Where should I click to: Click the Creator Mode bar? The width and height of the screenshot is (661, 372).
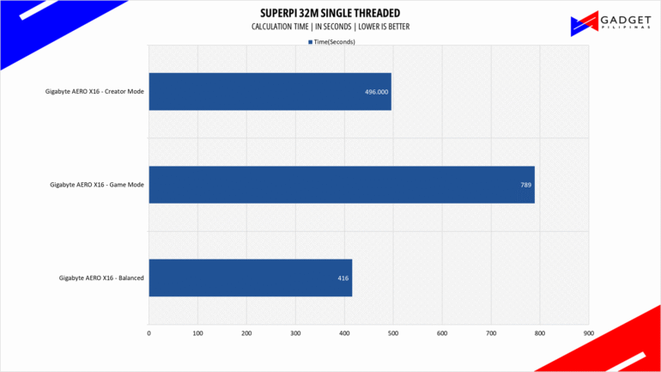[270, 92]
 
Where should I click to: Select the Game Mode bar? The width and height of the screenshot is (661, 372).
[342, 185]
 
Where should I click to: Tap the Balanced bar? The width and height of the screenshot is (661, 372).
[250, 277]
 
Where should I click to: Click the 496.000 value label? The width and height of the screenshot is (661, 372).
[376, 92]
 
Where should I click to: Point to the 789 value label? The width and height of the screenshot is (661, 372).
[525, 185]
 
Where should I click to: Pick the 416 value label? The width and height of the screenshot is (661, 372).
[343, 277]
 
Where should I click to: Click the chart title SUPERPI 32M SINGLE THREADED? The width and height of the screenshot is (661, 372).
[330, 14]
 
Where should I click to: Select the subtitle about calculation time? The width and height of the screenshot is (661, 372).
[330, 27]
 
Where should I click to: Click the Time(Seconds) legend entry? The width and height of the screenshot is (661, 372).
[331, 41]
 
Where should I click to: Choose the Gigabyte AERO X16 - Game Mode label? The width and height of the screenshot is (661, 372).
[98, 185]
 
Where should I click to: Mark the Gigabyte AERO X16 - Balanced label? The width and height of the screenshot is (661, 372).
[101, 277]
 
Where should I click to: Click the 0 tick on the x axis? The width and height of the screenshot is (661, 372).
[149, 332]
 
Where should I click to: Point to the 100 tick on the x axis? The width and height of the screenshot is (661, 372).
[198, 332]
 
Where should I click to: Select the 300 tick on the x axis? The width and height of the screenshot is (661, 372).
[295, 332]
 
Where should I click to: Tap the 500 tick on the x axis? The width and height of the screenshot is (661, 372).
[393, 332]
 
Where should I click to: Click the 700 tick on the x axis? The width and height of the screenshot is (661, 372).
[491, 332]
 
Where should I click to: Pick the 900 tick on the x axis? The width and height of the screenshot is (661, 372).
[588, 332]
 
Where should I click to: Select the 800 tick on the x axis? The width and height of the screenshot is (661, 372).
[540, 332]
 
